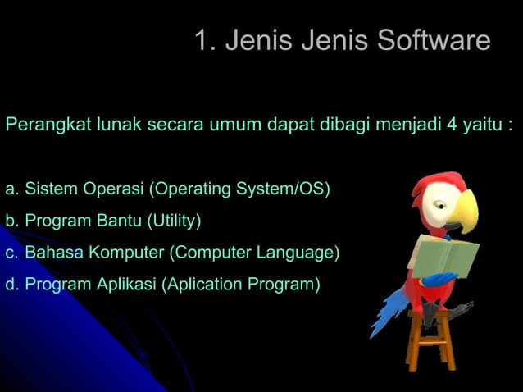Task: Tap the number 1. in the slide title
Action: coord(205,40)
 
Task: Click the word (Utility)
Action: coord(174,221)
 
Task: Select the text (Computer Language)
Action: coord(254,253)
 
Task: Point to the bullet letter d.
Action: coord(11,285)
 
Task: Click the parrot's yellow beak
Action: coord(465,209)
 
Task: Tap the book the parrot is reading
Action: coord(447,255)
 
